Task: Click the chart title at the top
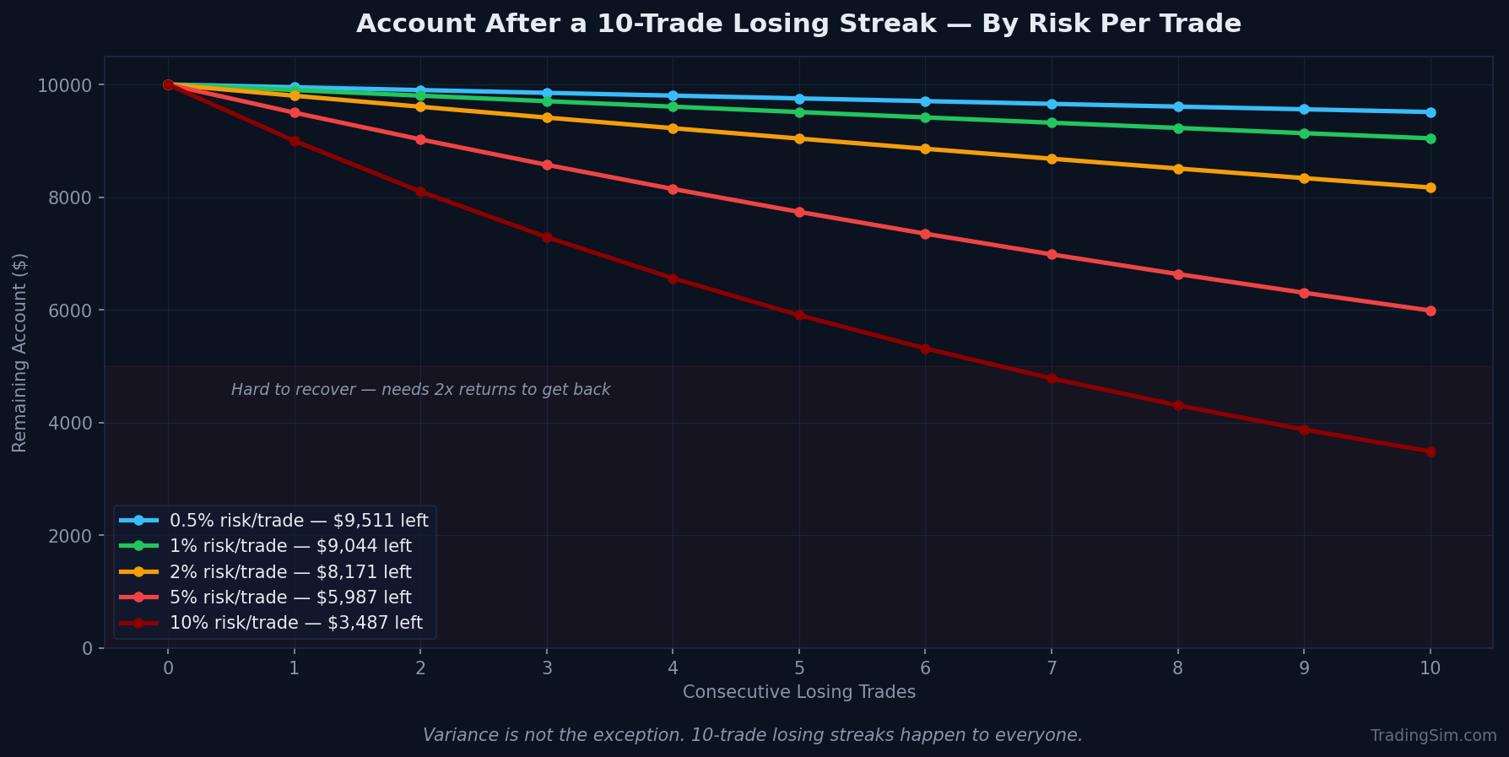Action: pyautogui.click(x=798, y=24)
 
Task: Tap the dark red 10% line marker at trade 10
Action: pyautogui.click(x=1430, y=451)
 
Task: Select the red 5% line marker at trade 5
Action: pyautogui.click(x=799, y=212)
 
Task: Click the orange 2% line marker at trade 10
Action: pyautogui.click(x=1430, y=187)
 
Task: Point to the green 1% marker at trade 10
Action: pyautogui.click(x=1430, y=138)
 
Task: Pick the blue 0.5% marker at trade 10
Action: pyautogui.click(x=1430, y=112)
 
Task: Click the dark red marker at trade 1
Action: pyautogui.click(x=295, y=141)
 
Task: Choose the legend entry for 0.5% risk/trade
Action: pyautogui.click(x=299, y=521)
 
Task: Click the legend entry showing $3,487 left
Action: pyautogui.click(x=296, y=624)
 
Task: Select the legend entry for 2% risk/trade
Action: pyautogui.click(x=290, y=572)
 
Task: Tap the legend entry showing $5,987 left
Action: pyautogui.click(x=290, y=597)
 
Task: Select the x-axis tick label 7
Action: pyautogui.click(x=1052, y=668)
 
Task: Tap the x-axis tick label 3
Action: pyautogui.click(x=547, y=668)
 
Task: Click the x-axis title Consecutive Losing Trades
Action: pyautogui.click(x=798, y=692)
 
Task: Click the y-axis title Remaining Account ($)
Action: pyautogui.click(x=19, y=352)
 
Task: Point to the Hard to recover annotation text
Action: pyautogui.click(x=420, y=390)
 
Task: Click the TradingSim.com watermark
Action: pyautogui.click(x=1433, y=736)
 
